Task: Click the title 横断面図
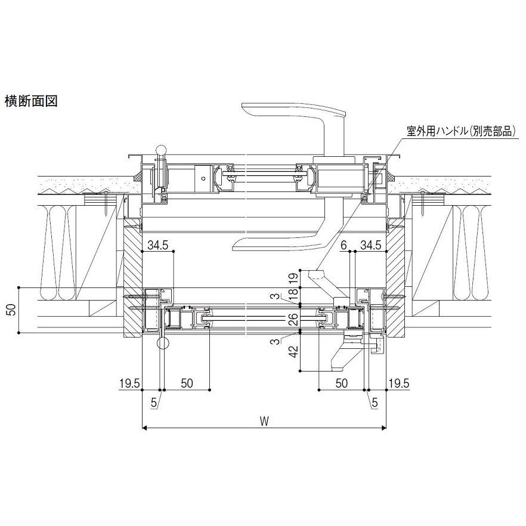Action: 31,101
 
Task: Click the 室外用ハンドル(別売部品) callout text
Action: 460,131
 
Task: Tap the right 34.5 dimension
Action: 370,245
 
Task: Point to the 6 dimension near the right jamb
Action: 344,245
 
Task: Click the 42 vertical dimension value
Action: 293,352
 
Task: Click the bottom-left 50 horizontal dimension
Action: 186,383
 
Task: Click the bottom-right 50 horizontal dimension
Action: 341,383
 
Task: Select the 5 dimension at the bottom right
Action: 374,403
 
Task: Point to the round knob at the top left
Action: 159,148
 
